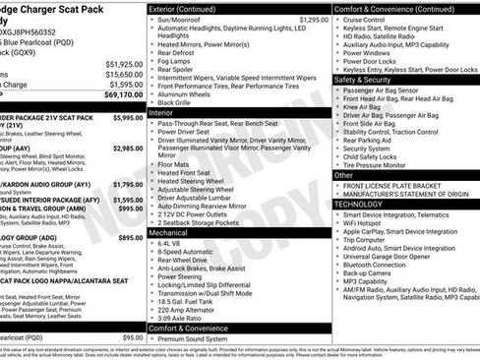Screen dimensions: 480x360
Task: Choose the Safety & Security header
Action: tap(369, 79)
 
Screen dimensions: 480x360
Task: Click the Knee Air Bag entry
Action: tap(368, 110)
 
